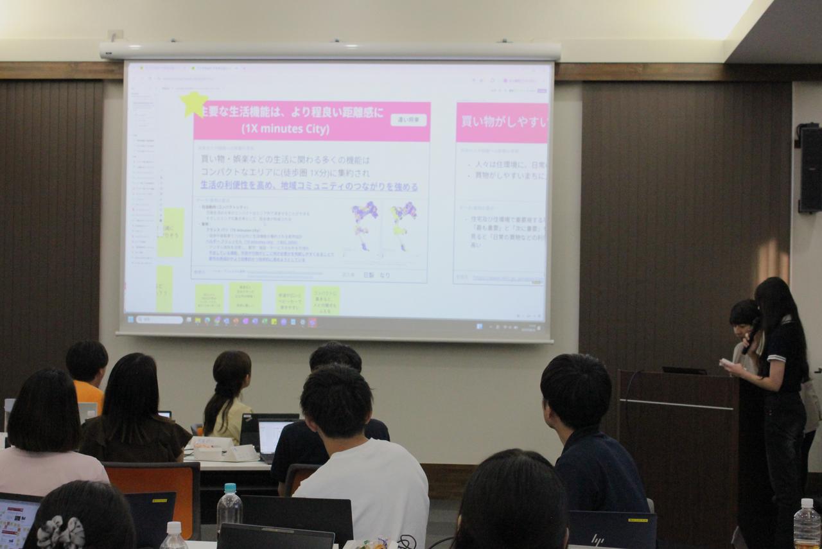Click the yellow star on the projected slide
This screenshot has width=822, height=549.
click(x=194, y=103)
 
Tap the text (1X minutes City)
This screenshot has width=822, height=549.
click(x=285, y=130)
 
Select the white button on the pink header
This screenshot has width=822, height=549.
click(x=408, y=119)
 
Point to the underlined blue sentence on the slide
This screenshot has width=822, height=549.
click(x=309, y=186)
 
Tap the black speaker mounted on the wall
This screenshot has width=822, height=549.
click(x=810, y=168)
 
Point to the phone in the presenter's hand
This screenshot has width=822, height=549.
click(x=726, y=363)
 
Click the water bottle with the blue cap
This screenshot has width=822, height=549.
click(x=229, y=505)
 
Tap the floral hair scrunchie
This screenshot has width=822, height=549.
click(x=60, y=532)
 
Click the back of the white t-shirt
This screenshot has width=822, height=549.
click(x=366, y=488)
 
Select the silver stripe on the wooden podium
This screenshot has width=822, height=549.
click(x=678, y=404)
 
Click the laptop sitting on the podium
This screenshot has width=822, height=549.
click(x=684, y=370)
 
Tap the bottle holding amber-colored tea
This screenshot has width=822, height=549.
click(x=807, y=526)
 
